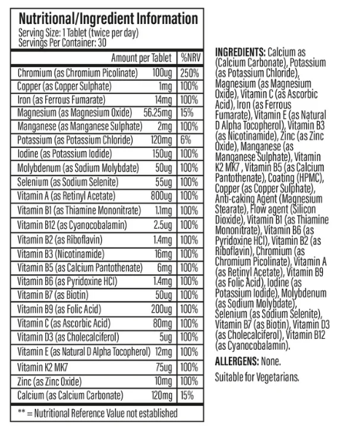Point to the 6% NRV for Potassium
click(x=187, y=139)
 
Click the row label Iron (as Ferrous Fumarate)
click(x=63, y=99)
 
